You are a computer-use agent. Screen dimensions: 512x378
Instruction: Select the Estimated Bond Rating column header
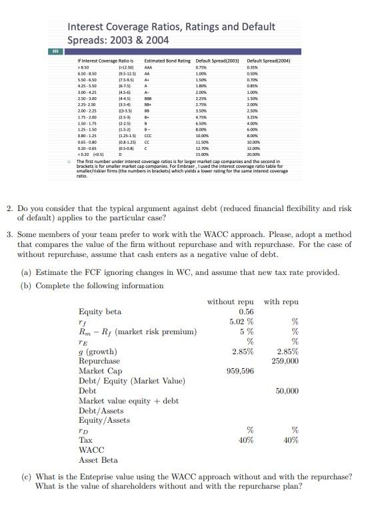(163, 61)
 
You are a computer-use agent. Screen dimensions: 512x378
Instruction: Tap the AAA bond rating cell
(149, 67)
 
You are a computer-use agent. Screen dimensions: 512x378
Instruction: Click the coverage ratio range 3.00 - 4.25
(88, 92)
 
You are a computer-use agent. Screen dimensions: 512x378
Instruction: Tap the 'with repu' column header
(281, 302)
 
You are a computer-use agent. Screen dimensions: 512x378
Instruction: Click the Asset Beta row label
(98, 459)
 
